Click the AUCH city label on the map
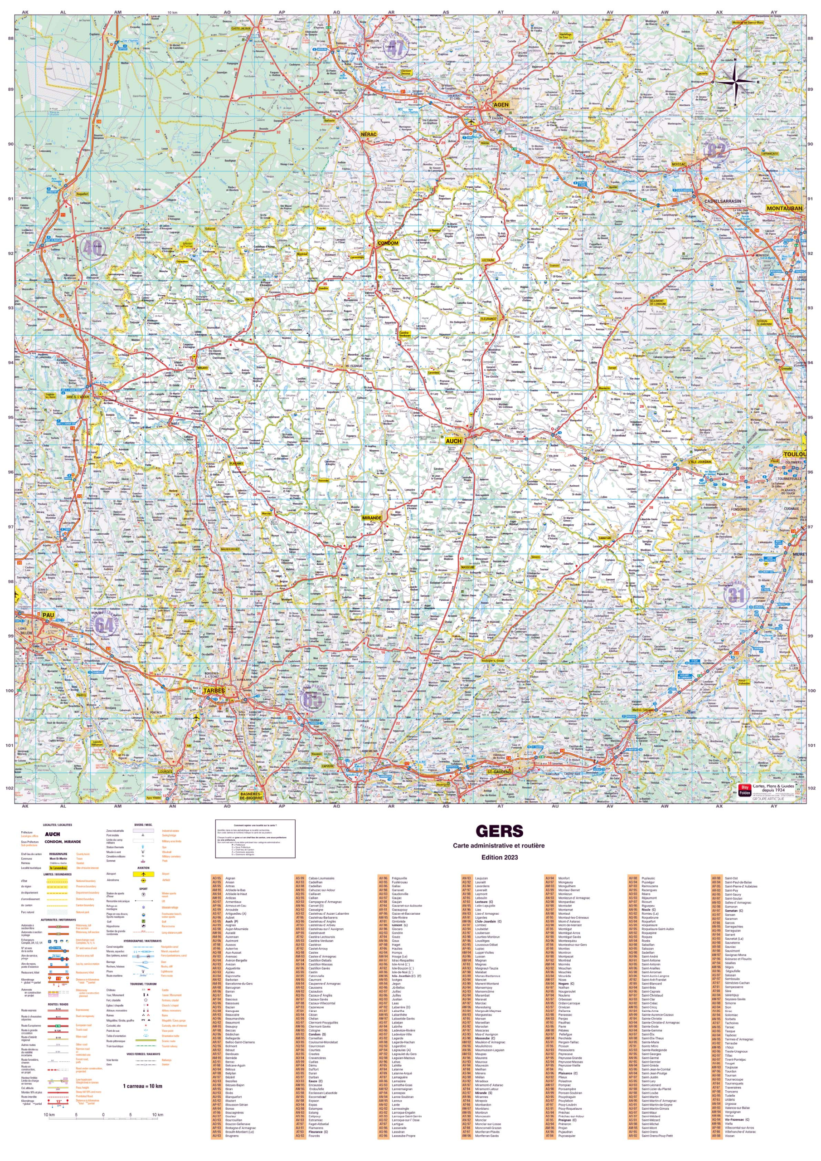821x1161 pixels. pyautogui.click(x=453, y=441)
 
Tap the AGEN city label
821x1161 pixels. pyautogui.click(x=500, y=105)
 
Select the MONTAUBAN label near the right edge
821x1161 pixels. pyautogui.click(x=784, y=208)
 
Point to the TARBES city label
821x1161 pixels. pyautogui.click(x=214, y=691)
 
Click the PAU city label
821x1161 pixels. pyautogui.click(x=48, y=615)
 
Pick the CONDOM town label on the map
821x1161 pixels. pyautogui.click(x=388, y=243)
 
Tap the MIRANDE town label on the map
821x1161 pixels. pyautogui.click(x=372, y=518)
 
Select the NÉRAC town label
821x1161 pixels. pyautogui.click(x=369, y=135)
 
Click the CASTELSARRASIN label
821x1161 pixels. pyautogui.click(x=723, y=201)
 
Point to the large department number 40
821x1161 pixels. pyautogui.click(x=92, y=247)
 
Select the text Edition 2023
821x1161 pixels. pyautogui.click(x=499, y=858)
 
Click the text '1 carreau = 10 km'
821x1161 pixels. pyautogui.click(x=142, y=1086)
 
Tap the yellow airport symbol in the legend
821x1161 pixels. pyautogui.click(x=143, y=874)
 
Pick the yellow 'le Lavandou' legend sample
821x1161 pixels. pyautogui.click(x=58, y=868)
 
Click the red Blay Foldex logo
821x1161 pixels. pyautogui.click(x=744, y=790)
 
